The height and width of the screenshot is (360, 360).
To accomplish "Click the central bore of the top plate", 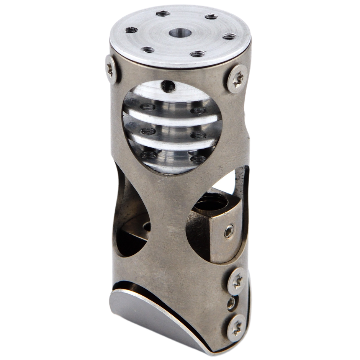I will pyautogui.click(x=180, y=33).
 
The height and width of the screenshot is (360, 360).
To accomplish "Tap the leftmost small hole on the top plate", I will pyautogui.click(x=131, y=29).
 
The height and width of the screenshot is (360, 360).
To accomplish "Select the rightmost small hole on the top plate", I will pyautogui.click(x=229, y=36).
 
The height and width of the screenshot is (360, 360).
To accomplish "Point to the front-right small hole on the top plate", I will pyautogui.click(x=198, y=54).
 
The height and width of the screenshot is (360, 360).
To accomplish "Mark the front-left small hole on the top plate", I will pyautogui.click(x=147, y=50).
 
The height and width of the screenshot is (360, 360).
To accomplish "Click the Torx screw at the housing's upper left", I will pyautogui.click(x=111, y=69).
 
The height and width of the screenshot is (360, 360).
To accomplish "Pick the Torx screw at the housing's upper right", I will pyautogui.click(x=237, y=79).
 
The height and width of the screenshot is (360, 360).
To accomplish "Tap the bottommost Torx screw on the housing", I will pyautogui.click(x=236, y=328).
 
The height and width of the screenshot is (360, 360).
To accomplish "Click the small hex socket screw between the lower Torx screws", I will pyautogui.click(x=231, y=303).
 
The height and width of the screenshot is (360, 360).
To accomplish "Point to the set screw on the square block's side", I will pyautogui.click(x=229, y=232).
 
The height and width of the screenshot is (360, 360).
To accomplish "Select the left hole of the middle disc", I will pyautogui.click(x=148, y=131).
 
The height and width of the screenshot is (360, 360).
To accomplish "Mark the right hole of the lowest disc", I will pyautogui.click(x=198, y=159).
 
